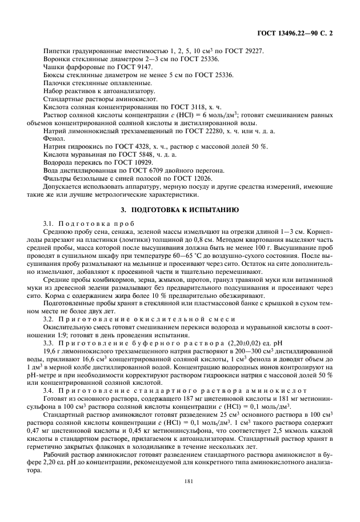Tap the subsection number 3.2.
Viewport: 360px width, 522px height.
[49, 317]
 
